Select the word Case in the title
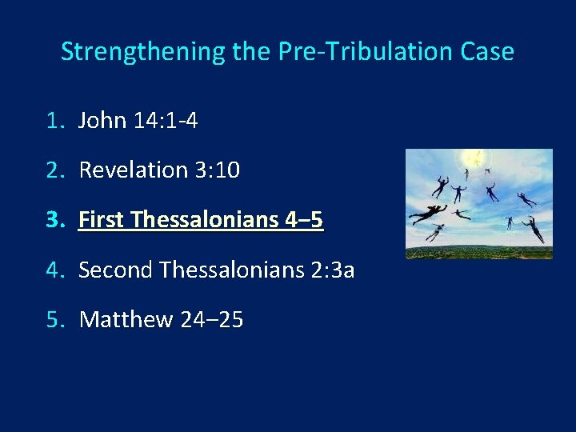(x=487, y=52)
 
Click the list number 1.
(x=54, y=121)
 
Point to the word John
(x=102, y=121)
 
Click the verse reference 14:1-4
(x=166, y=121)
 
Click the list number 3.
(x=54, y=220)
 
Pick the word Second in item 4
(x=115, y=270)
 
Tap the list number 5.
(x=54, y=320)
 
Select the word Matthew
(x=126, y=320)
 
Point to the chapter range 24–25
(x=211, y=320)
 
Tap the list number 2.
(x=54, y=170)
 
